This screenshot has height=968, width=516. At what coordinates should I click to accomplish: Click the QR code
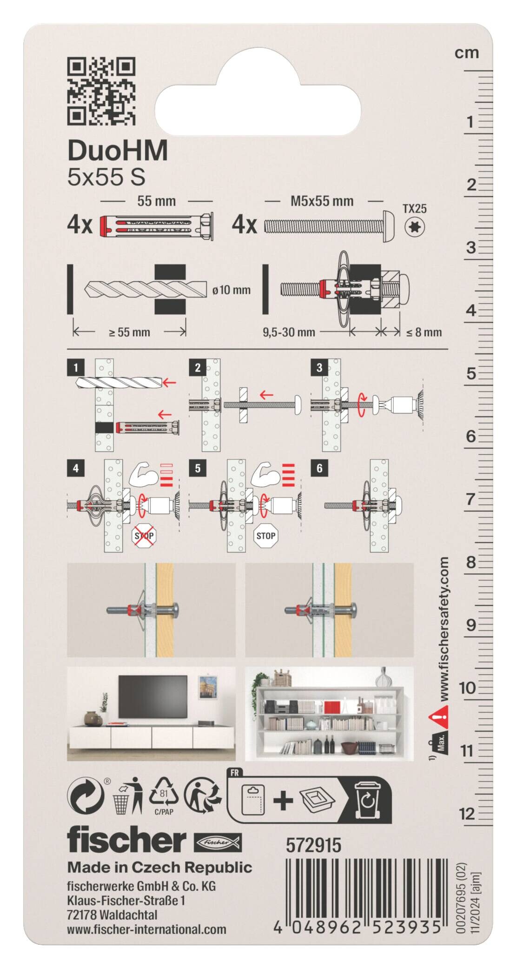tap(101, 91)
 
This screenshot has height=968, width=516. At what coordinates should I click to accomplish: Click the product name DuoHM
tap(118, 151)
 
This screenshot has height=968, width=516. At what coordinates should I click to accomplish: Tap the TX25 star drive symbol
tap(415, 227)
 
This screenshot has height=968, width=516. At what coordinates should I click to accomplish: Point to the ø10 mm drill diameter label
tap(231, 290)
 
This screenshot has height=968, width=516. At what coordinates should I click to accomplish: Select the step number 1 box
tap(76, 368)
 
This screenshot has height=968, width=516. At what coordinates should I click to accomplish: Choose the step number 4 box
tap(76, 468)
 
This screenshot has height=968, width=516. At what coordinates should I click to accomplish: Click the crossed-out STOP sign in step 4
tap(144, 536)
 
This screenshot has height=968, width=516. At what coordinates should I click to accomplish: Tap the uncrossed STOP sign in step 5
tap(265, 536)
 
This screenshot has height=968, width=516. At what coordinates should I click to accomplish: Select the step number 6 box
tap(319, 468)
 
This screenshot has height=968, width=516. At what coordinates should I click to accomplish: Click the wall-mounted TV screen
tap(152, 696)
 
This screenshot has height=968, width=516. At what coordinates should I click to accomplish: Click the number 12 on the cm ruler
tap(467, 814)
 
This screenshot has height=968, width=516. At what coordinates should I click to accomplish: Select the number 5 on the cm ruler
tap(471, 374)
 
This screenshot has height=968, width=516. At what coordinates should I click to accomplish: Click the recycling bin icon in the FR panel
tap(368, 800)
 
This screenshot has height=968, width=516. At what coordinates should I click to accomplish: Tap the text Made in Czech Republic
tap(159, 868)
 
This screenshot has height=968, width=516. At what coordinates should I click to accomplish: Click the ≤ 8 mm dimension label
tap(423, 332)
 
